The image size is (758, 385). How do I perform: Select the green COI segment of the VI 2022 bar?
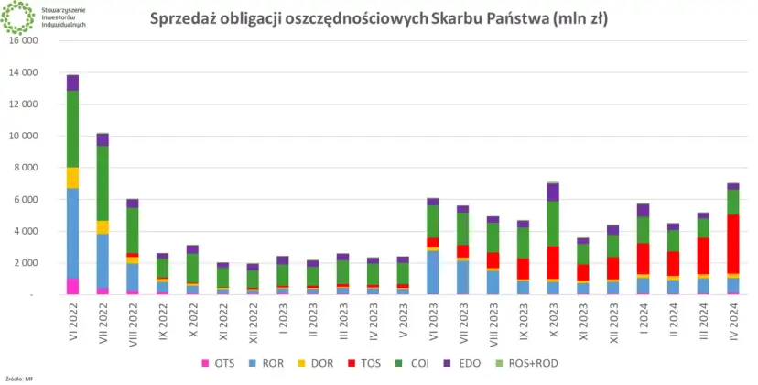click(x=71, y=128)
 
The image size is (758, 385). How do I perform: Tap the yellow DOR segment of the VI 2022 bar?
click(x=71, y=178)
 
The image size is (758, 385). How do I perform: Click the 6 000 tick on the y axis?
click(x=26, y=199)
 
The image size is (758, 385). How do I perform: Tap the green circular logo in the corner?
click(x=18, y=16)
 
